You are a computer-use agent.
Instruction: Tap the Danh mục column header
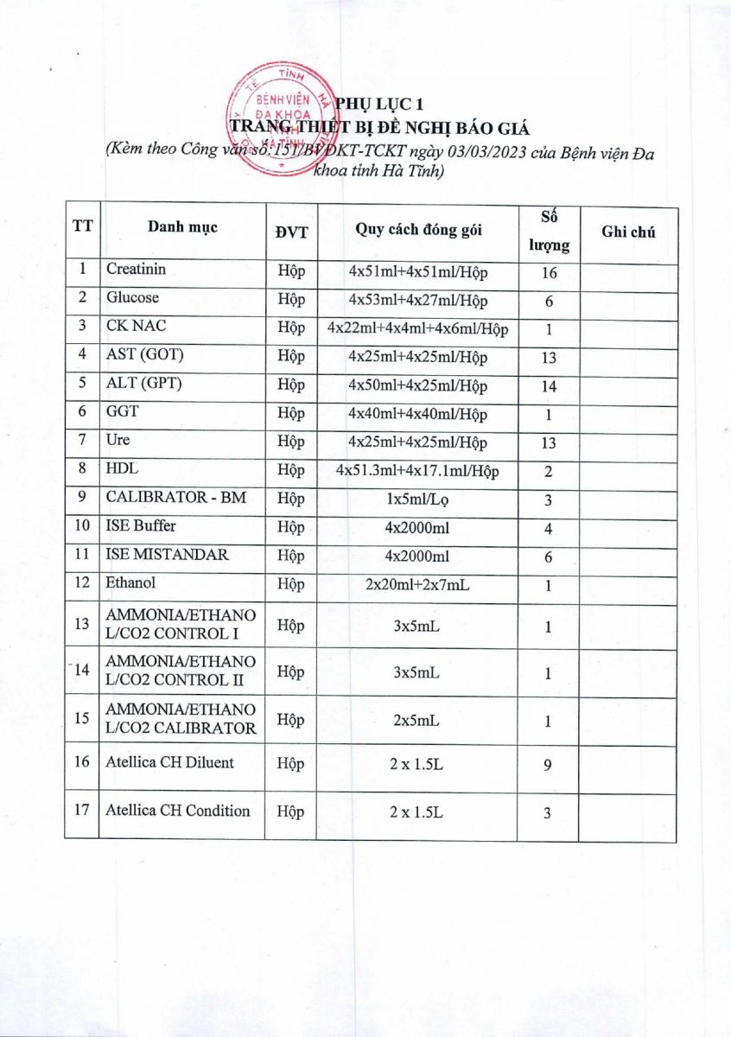[x=182, y=228]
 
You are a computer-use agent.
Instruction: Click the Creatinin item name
[x=136, y=269]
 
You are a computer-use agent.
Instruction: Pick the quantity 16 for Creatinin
[x=549, y=273]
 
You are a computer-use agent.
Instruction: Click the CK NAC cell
[x=130, y=327]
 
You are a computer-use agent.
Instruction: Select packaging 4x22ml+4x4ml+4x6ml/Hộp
[x=418, y=329]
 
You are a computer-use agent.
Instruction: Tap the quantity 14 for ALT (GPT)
[x=549, y=386]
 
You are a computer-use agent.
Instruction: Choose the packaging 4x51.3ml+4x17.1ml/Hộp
[x=418, y=471]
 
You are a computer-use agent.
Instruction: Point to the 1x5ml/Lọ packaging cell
[x=418, y=499]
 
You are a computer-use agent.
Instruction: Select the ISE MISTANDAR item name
[x=167, y=554]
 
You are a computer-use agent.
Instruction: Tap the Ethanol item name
[x=130, y=582]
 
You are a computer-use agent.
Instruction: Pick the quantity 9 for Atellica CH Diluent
[x=549, y=765]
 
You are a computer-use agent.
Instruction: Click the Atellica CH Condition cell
[x=178, y=811]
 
